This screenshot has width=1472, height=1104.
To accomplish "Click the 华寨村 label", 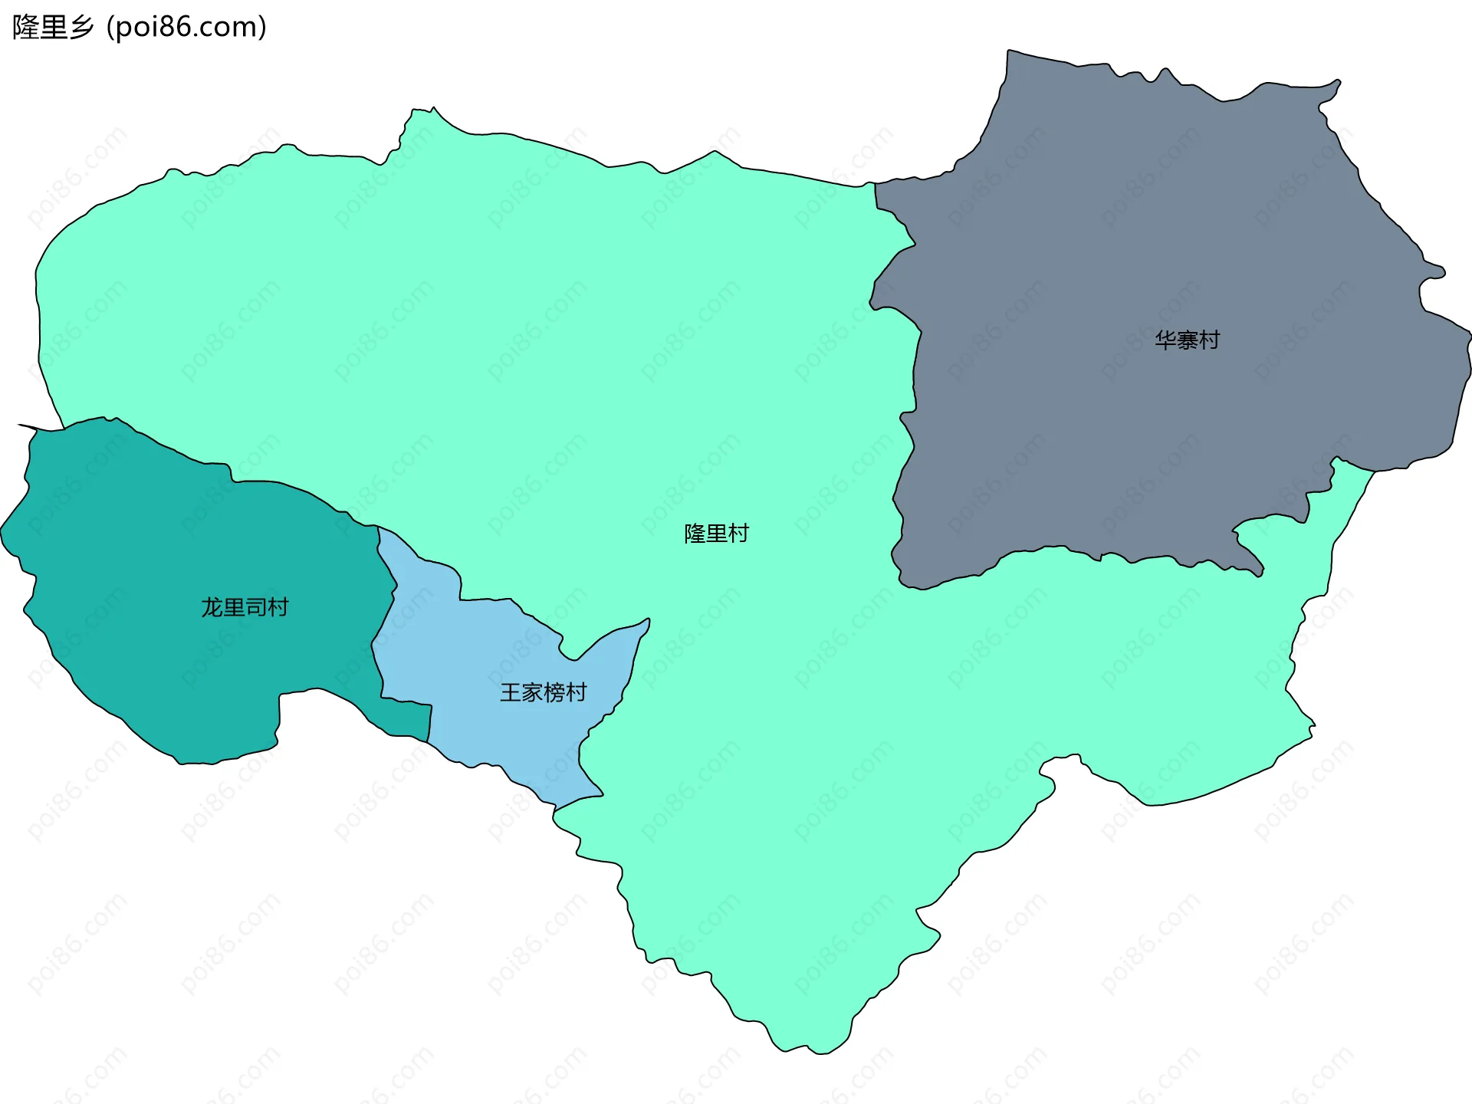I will (x=1187, y=340).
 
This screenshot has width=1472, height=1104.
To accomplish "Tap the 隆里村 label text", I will (x=716, y=534).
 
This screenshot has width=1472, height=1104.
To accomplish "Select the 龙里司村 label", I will (x=245, y=607).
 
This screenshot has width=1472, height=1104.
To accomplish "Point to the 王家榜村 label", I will (x=544, y=692).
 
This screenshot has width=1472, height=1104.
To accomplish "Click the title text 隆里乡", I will (x=53, y=27).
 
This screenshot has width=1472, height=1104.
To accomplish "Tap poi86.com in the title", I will (x=186, y=27).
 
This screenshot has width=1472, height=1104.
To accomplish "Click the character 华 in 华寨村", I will (x=1165, y=340).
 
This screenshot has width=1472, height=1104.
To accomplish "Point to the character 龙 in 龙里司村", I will (x=212, y=607).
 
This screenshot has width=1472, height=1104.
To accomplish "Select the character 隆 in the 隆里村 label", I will (x=695, y=534).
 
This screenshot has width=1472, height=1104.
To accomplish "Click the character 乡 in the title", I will (x=82, y=27).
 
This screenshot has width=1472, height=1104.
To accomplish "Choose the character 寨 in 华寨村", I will (x=1187, y=340).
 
